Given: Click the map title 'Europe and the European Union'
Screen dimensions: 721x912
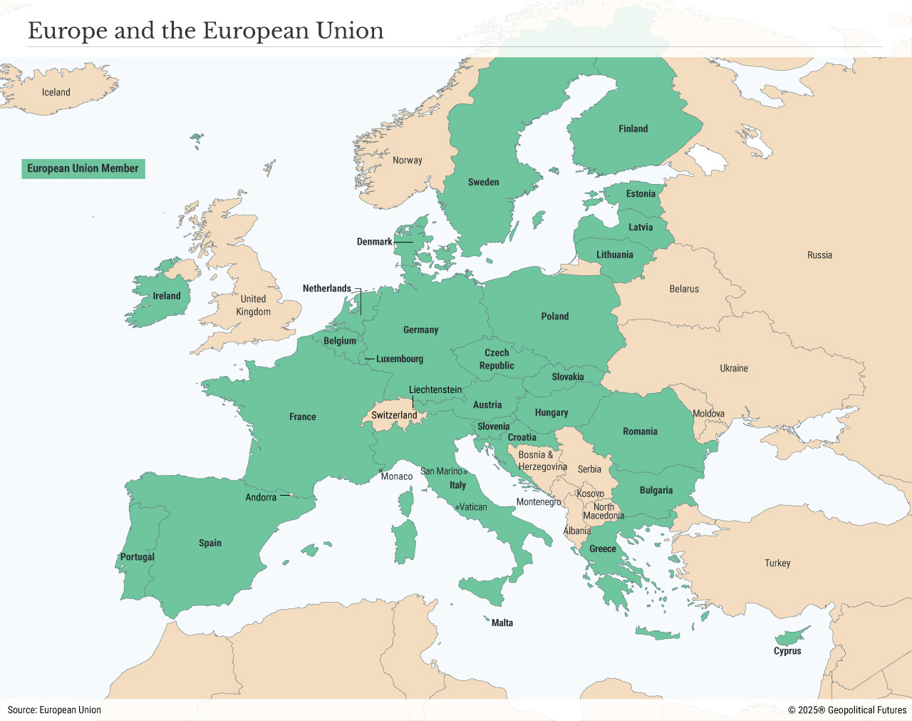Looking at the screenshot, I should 205,31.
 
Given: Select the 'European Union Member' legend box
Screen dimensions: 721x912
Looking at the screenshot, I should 83,168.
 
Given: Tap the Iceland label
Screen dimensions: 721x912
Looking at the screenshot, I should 56,92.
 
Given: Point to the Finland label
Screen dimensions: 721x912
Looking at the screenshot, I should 633,129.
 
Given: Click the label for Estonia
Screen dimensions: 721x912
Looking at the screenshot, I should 641,194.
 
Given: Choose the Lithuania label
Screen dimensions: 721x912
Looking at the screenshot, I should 614,255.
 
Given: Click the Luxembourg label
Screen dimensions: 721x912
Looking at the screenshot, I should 399,359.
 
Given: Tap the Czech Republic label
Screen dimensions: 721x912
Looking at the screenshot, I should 497,359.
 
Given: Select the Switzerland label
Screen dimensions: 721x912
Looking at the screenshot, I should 394,415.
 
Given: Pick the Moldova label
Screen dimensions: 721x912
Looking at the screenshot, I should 708,414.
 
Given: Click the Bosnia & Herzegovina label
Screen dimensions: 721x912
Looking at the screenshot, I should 542,461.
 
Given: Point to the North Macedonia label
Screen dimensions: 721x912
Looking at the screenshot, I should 603,511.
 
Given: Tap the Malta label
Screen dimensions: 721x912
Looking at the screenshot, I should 502,623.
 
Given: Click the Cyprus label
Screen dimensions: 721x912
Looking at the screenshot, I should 787,650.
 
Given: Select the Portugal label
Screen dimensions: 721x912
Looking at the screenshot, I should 137,557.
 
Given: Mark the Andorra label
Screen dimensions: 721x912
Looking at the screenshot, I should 261,497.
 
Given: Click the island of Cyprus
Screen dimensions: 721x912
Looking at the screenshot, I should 791,635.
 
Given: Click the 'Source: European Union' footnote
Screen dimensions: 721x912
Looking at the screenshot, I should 54,710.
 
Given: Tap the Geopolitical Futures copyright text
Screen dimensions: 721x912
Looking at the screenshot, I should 847,710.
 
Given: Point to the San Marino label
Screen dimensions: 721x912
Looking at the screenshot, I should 441,471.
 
